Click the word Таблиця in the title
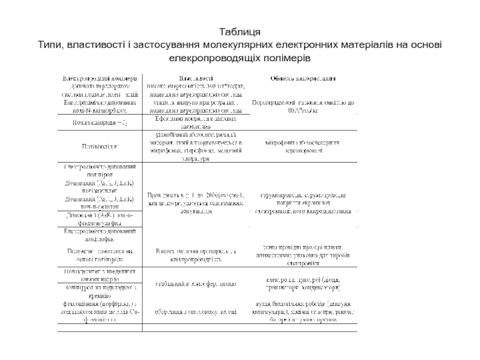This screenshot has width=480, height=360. point(239,31)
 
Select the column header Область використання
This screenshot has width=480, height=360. point(302,78)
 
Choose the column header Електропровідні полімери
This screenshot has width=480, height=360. point(101,78)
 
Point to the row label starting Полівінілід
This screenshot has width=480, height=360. point(100,146)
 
